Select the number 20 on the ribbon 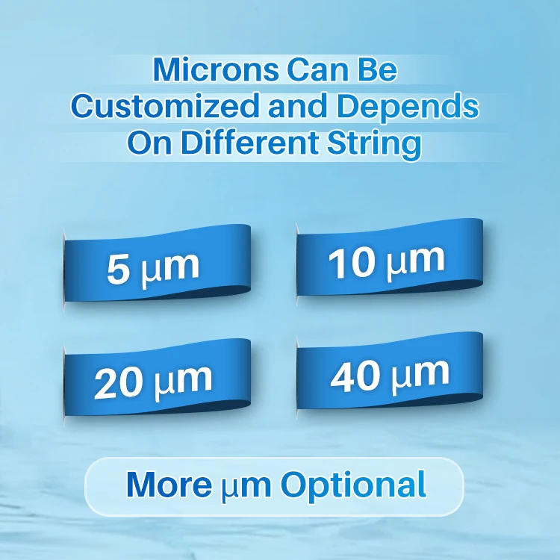(119, 383)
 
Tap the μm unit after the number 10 (415, 261)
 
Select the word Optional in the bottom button (353, 485)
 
